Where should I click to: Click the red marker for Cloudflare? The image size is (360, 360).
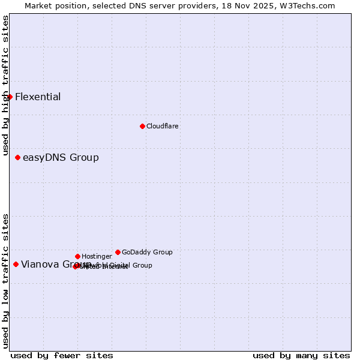point(142,126)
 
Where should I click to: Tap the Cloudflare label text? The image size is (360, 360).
point(162,127)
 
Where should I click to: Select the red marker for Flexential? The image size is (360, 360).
point(10,97)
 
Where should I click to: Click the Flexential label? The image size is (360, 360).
point(38,97)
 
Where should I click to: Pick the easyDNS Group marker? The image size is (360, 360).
point(18,157)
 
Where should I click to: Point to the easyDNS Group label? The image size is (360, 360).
point(61,158)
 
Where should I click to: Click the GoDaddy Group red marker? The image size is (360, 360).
point(118,252)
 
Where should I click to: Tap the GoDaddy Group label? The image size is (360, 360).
point(147,253)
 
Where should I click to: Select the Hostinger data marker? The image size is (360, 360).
point(77,256)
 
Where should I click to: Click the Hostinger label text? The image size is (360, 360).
point(97,257)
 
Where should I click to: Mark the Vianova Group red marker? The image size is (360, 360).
point(16,264)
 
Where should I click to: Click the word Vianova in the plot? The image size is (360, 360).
point(39,265)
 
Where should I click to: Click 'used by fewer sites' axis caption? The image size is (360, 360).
point(62,355)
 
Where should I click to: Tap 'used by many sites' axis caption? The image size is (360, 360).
point(301,355)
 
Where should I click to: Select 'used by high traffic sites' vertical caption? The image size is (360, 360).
point(5,86)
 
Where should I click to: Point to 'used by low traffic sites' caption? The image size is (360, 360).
point(5,280)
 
